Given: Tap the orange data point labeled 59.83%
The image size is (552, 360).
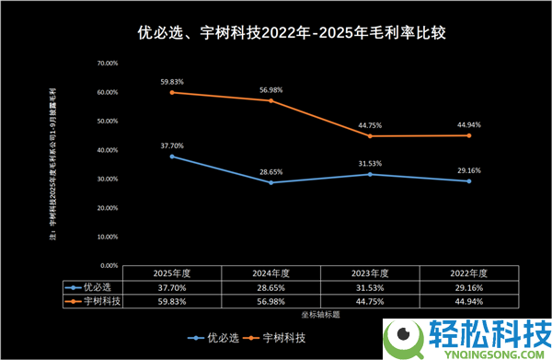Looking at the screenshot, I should [172, 92].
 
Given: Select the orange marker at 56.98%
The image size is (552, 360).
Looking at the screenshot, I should [270, 100].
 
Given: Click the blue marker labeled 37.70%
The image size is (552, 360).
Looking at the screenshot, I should [172, 156].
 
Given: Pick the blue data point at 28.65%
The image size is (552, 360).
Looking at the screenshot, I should [270, 182].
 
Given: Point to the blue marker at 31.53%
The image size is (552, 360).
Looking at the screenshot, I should [370, 174].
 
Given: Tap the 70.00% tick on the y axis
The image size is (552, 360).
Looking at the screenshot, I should [106, 64].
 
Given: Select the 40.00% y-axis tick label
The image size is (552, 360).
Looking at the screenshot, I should [106, 150].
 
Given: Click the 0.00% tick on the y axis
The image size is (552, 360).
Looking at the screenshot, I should [108, 264].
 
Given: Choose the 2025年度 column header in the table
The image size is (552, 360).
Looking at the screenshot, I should [172, 273].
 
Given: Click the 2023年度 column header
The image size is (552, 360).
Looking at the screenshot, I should [370, 273].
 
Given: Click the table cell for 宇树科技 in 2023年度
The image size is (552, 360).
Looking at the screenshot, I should [370, 300].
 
